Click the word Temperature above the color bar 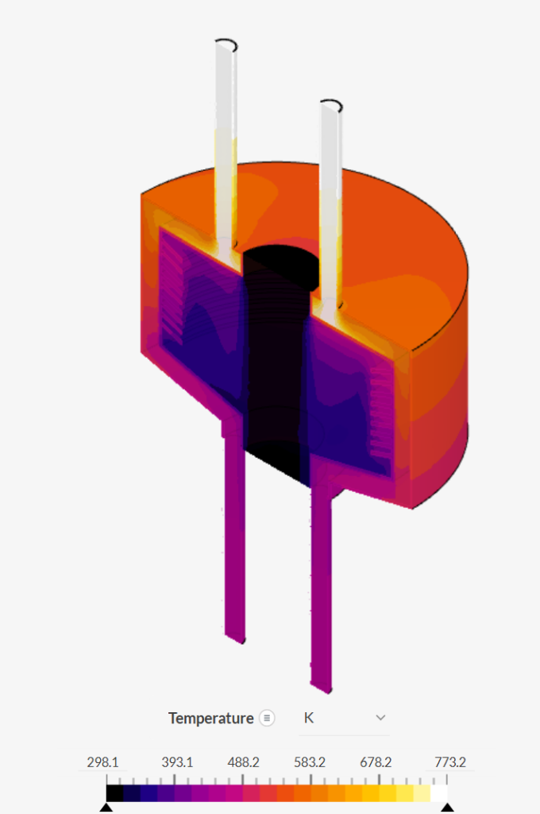click(x=210, y=718)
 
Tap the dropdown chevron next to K click(x=380, y=718)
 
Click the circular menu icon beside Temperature click(x=268, y=718)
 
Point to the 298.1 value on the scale click(x=102, y=762)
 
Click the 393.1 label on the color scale click(x=177, y=762)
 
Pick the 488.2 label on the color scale click(x=243, y=762)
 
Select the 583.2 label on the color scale click(x=310, y=762)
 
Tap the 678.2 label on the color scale click(x=376, y=762)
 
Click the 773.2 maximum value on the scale click(x=449, y=762)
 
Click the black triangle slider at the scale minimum click(x=106, y=808)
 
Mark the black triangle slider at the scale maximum click(x=448, y=808)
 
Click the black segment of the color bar click(x=114, y=793)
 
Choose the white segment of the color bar click(x=439, y=793)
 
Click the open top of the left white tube click(x=226, y=43)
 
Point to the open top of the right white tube click(x=331, y=105)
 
